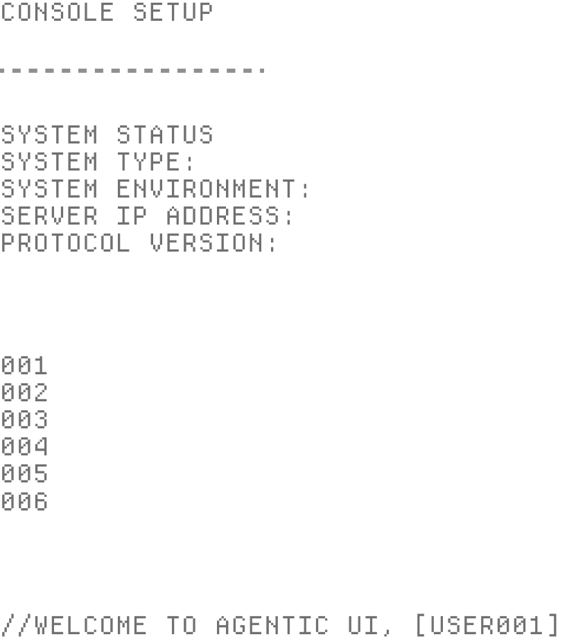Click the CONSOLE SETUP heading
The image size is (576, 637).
[x=107, y=12]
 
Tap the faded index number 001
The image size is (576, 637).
[x=24, y=365]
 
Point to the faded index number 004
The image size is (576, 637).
[x=24, y=446]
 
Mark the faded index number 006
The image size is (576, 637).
[x=24, y=501]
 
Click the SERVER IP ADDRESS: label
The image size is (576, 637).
[x=148, y=216]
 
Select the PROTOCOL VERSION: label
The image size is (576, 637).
[x=139, y=243]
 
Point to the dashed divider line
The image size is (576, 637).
[x=132, y=70]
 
